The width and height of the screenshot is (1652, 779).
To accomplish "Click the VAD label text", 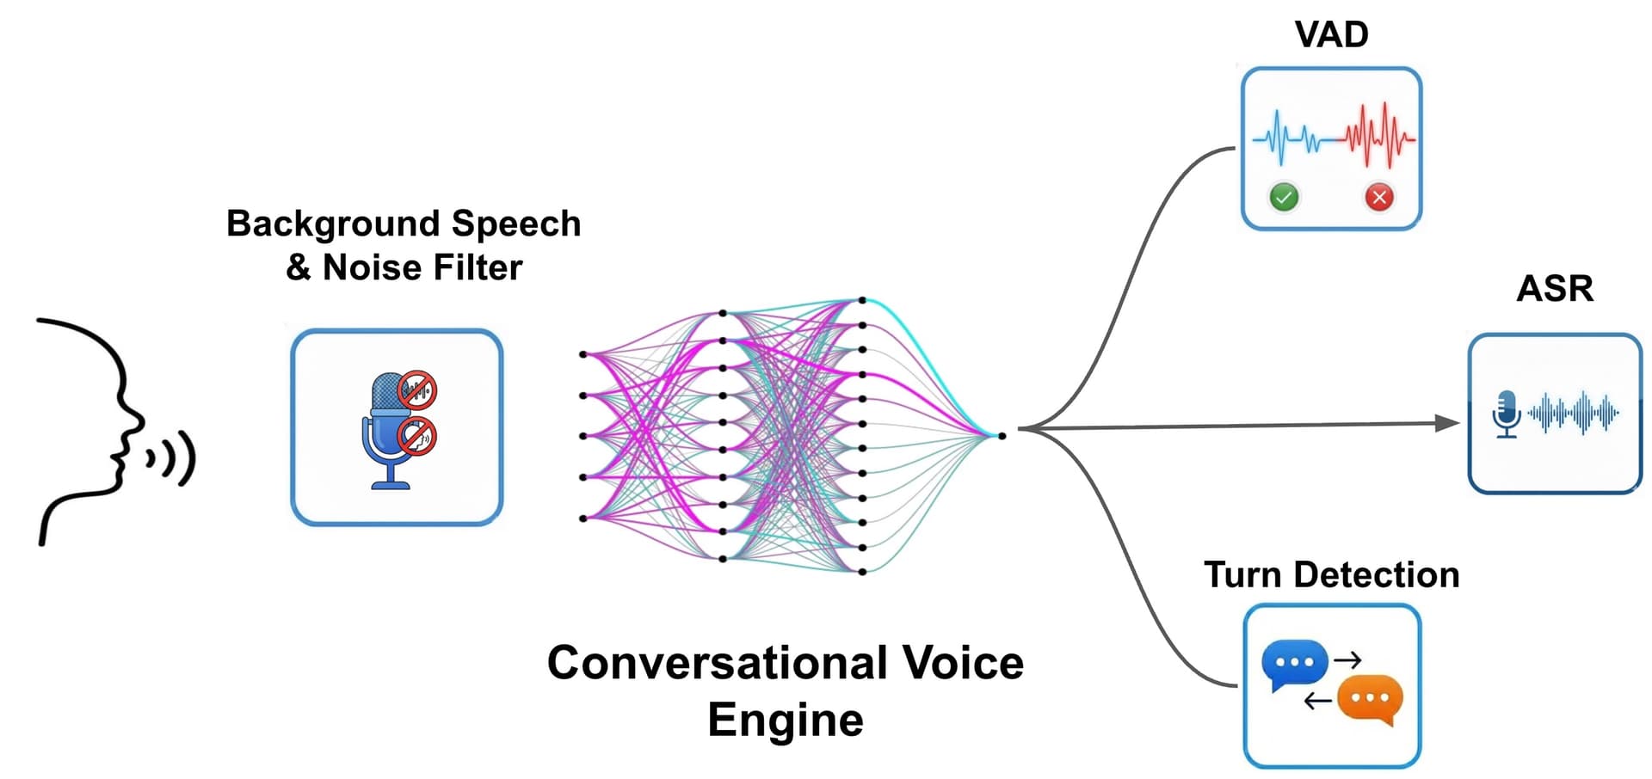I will [1331, 35].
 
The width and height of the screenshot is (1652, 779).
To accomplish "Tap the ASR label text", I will [1554, 289].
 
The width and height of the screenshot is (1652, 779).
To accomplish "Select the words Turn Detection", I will [1331, 574].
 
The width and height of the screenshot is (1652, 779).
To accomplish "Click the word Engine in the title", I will [785, 720].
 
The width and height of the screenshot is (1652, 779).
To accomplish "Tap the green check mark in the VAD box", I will [1284, 197].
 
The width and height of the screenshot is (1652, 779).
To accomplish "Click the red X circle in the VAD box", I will [1379, 197].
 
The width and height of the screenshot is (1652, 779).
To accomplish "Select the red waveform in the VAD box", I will [1379, 136].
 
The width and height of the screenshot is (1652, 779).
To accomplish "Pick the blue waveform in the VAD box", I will [1291, 138].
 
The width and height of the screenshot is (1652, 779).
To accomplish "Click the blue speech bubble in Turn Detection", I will [1293, 663].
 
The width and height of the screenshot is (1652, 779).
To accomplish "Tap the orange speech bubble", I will [1371, 698].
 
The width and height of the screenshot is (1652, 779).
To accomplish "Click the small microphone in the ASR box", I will [1506, 414].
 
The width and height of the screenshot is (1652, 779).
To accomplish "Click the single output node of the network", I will [1002, 436].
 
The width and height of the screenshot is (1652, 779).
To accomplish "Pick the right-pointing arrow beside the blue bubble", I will [1347, 659].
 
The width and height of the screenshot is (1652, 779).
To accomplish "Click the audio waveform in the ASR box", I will [1573, 414].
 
